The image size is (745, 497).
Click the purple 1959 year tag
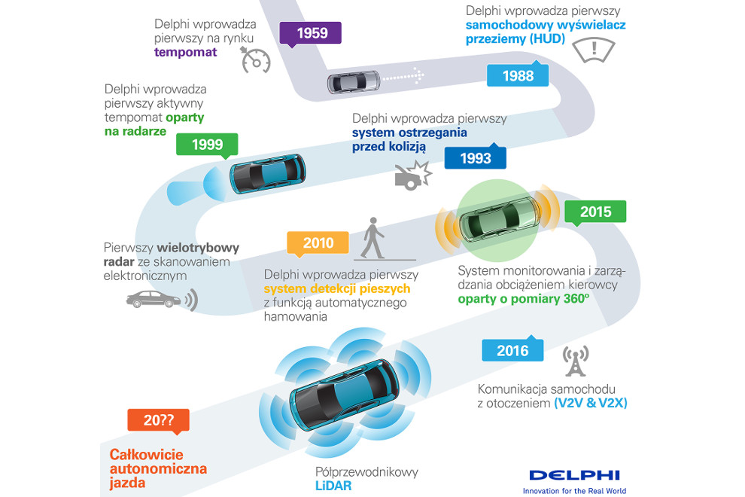pyautogui.click(x=310, y=34)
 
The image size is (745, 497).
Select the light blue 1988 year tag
pyautogui.click(x=518, y=75)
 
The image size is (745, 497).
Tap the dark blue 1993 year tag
pyautogui.click(x=475, y=157)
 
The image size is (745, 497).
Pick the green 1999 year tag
pyautogui.click(x=207, y=145)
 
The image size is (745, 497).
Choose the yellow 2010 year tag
pyautogui.click(x=318, y=243)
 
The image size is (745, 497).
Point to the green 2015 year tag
pyautogui.click(x=595, y=212)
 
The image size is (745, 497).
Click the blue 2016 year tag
pyautogui.click(x=512, y=349)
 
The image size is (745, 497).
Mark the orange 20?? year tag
pyautogui.click(x=158, y=421)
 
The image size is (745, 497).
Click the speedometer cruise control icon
pyautogui.click(x=255, y=60)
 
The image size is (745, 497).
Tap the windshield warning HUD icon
pyautogui.click(x=594, y=50)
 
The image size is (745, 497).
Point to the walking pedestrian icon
pyautogui.click(x=373, y=238)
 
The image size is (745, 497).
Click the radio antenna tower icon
pyautogui.click(x=576, y=361)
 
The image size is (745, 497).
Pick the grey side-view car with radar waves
pyautogui.click(x=162, y=300)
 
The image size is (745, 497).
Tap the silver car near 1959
pyautogui.click(x=354, y=82)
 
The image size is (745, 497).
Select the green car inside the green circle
pyautogui.click(x=500, y=220)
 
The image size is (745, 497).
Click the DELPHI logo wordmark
pyautogui.click(x=574, y=474)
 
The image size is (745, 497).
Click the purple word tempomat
pyautogui.click(x=185, y=52)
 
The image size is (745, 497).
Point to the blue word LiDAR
pyautogui.click(x=333, y=486)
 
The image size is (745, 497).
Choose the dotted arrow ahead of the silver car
pyautogui.click(x=403, y=75)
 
